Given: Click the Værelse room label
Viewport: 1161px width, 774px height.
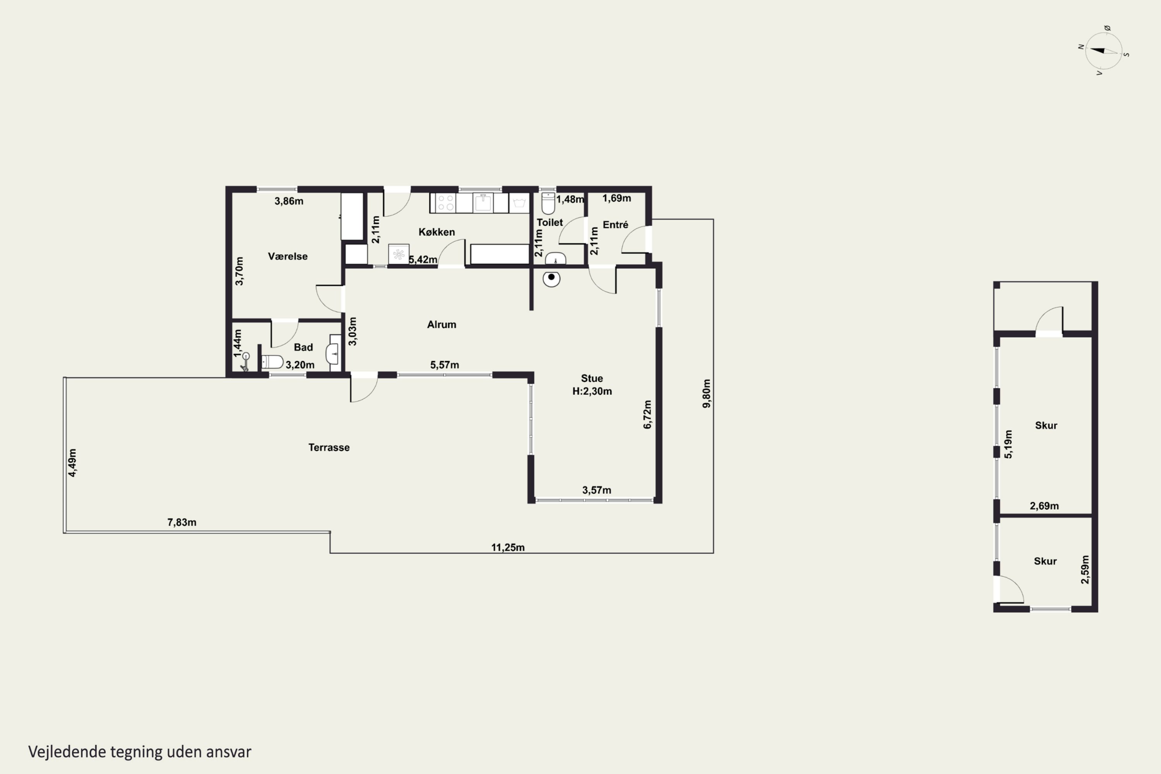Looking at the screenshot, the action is point(288,256).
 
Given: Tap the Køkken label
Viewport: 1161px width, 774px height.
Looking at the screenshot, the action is point(437,232).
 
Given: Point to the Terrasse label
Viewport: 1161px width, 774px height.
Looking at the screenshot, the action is point(329,447).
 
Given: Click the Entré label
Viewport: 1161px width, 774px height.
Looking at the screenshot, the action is point(616,224).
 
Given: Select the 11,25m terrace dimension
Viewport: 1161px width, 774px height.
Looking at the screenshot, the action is point(508,547).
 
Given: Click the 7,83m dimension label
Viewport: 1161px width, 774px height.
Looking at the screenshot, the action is point(182,522).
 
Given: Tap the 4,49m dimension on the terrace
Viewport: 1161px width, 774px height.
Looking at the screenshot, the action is point(72,462).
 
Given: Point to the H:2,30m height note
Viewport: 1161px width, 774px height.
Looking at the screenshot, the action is point(592,391).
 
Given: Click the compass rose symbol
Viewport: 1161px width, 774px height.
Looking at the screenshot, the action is point(1104,51).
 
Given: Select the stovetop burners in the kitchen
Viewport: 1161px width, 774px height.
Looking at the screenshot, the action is point(446,203).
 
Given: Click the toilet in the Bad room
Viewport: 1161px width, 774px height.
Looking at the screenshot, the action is point(272,362).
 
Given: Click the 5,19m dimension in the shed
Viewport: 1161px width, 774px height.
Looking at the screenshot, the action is point(1008,444).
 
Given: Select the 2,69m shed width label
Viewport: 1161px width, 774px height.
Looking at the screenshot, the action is point(1044,505).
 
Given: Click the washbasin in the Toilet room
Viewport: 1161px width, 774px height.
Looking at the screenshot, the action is point(555,259).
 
